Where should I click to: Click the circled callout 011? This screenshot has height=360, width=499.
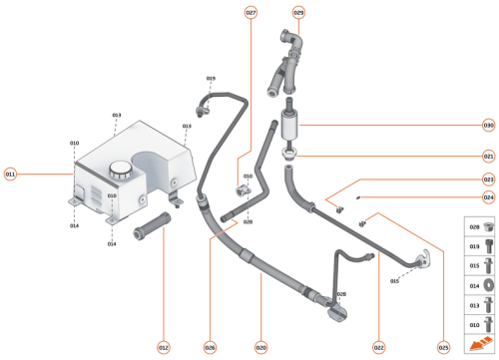tap(11, 174)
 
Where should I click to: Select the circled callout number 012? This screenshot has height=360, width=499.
tap(163, 348)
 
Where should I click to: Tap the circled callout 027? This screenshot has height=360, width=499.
tap(250, 12)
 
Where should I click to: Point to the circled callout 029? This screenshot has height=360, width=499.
tap(298, 12)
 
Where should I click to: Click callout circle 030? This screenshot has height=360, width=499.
tap(488, 126)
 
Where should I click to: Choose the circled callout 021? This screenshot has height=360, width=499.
tap(488, 156)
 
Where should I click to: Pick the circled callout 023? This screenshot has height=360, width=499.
tap(488, 180)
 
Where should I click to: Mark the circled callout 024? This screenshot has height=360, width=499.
tap(488, 197)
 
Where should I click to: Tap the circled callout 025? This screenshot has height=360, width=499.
tap(444, 348)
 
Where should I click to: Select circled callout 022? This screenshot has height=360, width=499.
tap(379, 348)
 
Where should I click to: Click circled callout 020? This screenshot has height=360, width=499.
tap(260, 348)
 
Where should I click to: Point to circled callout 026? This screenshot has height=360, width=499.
tap(210, 348)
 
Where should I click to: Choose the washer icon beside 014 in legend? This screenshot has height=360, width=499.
tap(488, 285)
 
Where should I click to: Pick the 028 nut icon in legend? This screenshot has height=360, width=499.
tap(488, 228)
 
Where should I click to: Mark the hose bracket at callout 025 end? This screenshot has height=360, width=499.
tap(421, 262)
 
